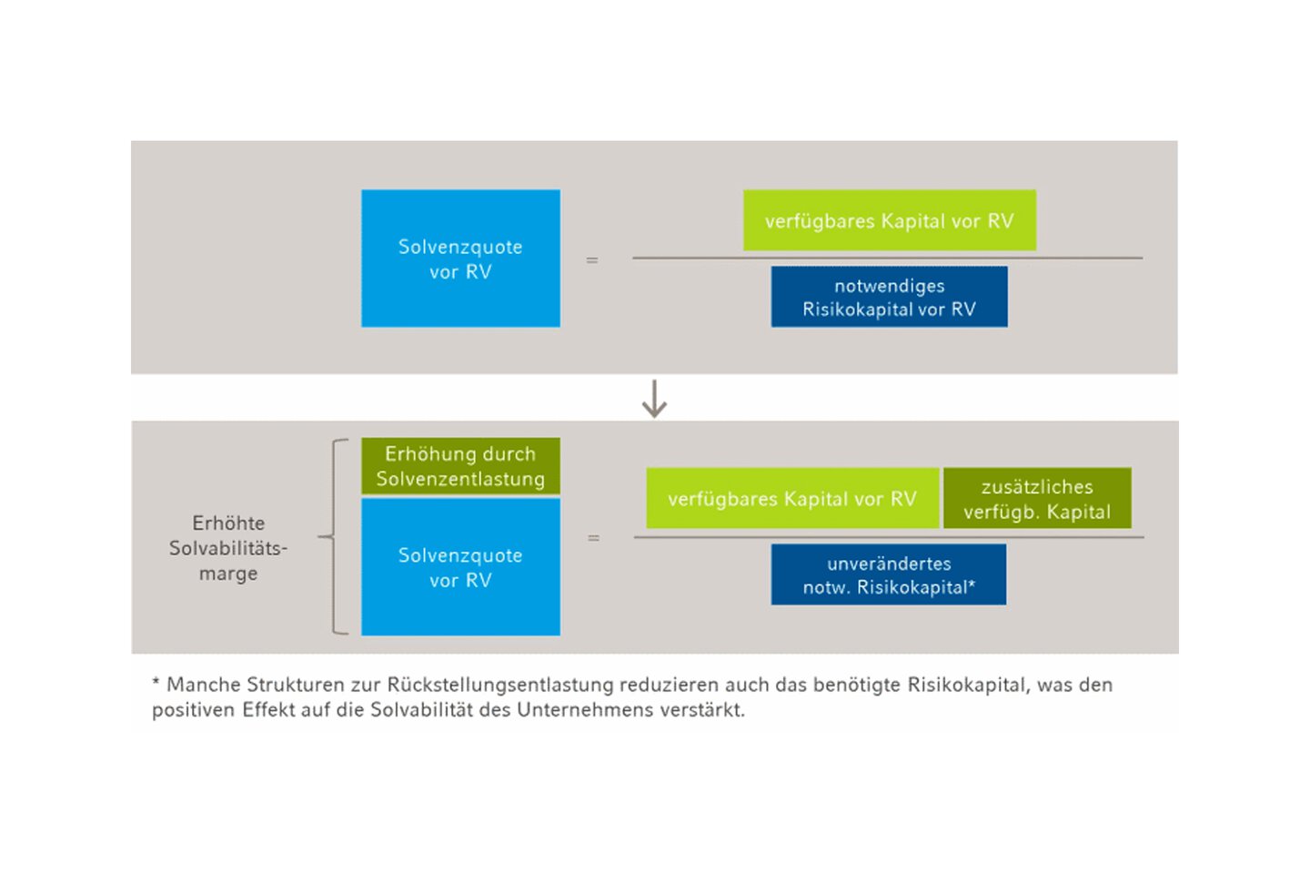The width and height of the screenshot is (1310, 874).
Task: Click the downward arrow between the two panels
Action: click(654, 399)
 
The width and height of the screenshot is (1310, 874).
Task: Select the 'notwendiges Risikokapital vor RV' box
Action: click(889, 297)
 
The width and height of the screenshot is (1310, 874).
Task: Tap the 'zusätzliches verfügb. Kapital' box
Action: click(1037, 498)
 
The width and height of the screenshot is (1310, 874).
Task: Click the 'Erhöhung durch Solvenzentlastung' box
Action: click(460, 466)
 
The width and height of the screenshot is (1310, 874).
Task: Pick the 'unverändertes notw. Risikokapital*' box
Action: click(888, 574)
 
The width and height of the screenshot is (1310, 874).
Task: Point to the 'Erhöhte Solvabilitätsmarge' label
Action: click(228, 548)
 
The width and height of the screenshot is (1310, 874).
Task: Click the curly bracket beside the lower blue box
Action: click(333, 536)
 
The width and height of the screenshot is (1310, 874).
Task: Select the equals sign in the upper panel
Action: click(592, 259)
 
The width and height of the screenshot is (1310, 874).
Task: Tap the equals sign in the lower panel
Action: click(593, 537)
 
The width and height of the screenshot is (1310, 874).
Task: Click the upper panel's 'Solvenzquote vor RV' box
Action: click(460, 259)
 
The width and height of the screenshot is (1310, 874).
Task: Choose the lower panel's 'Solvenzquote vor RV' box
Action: click(460, 566)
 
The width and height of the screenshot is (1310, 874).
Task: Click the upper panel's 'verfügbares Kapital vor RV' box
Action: click(890, 220)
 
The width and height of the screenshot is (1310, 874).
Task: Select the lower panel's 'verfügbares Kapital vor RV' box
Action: click(792, 498)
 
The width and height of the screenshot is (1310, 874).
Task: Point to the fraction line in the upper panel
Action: click(887, 258)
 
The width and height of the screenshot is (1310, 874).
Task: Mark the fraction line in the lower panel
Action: click(889, 537)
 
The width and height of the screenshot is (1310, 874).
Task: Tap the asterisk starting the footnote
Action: click(156, 681)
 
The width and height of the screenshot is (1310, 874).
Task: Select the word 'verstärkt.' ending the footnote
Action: click(702, 709)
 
